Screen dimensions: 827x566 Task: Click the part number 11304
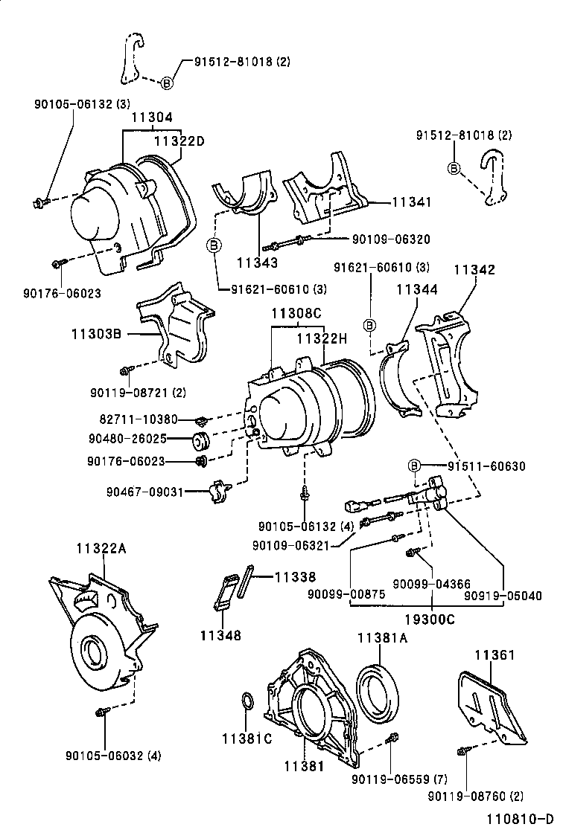[152, 118]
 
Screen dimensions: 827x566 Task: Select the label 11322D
[179, 140]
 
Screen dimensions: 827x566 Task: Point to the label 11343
[258, 262]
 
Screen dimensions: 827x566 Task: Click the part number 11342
[474, 270]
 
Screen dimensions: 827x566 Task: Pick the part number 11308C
[296, 315]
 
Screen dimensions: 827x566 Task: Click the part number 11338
[295, 576]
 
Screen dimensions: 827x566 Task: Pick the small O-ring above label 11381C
[247, 703]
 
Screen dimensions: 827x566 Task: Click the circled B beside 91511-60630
[414, 466]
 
